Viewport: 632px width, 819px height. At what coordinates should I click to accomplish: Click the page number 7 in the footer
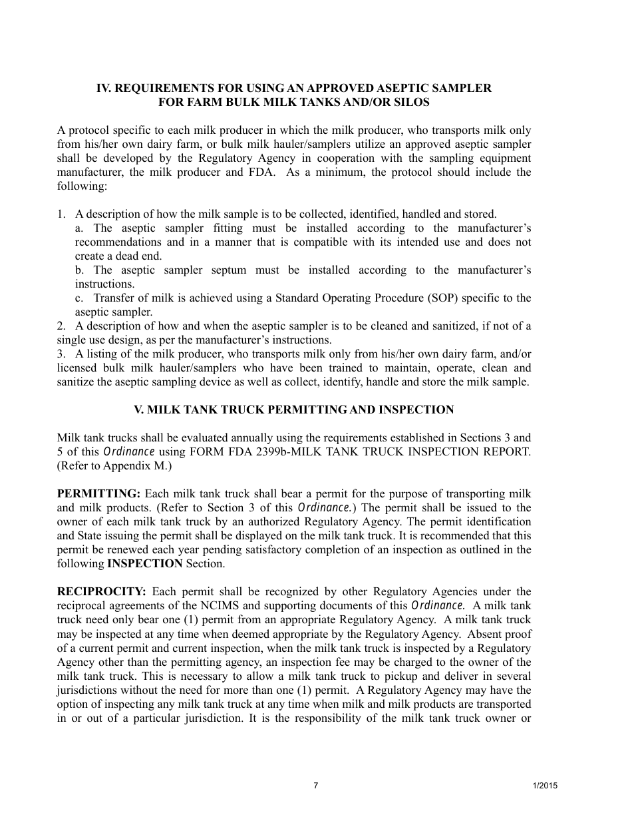[x=316, y=786]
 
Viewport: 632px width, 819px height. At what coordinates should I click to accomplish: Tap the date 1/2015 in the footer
[x=545, y=786]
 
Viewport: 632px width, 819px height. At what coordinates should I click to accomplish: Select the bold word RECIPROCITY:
[x=102, y=591]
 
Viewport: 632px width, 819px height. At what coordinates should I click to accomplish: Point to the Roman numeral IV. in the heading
[x=104, y=88]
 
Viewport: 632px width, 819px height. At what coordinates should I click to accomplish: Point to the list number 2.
[x=61, y=326]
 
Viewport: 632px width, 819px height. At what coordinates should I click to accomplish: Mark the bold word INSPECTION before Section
[x=144, y=563]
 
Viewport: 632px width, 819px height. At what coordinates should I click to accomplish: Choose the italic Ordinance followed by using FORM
[x=129, y=451]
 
